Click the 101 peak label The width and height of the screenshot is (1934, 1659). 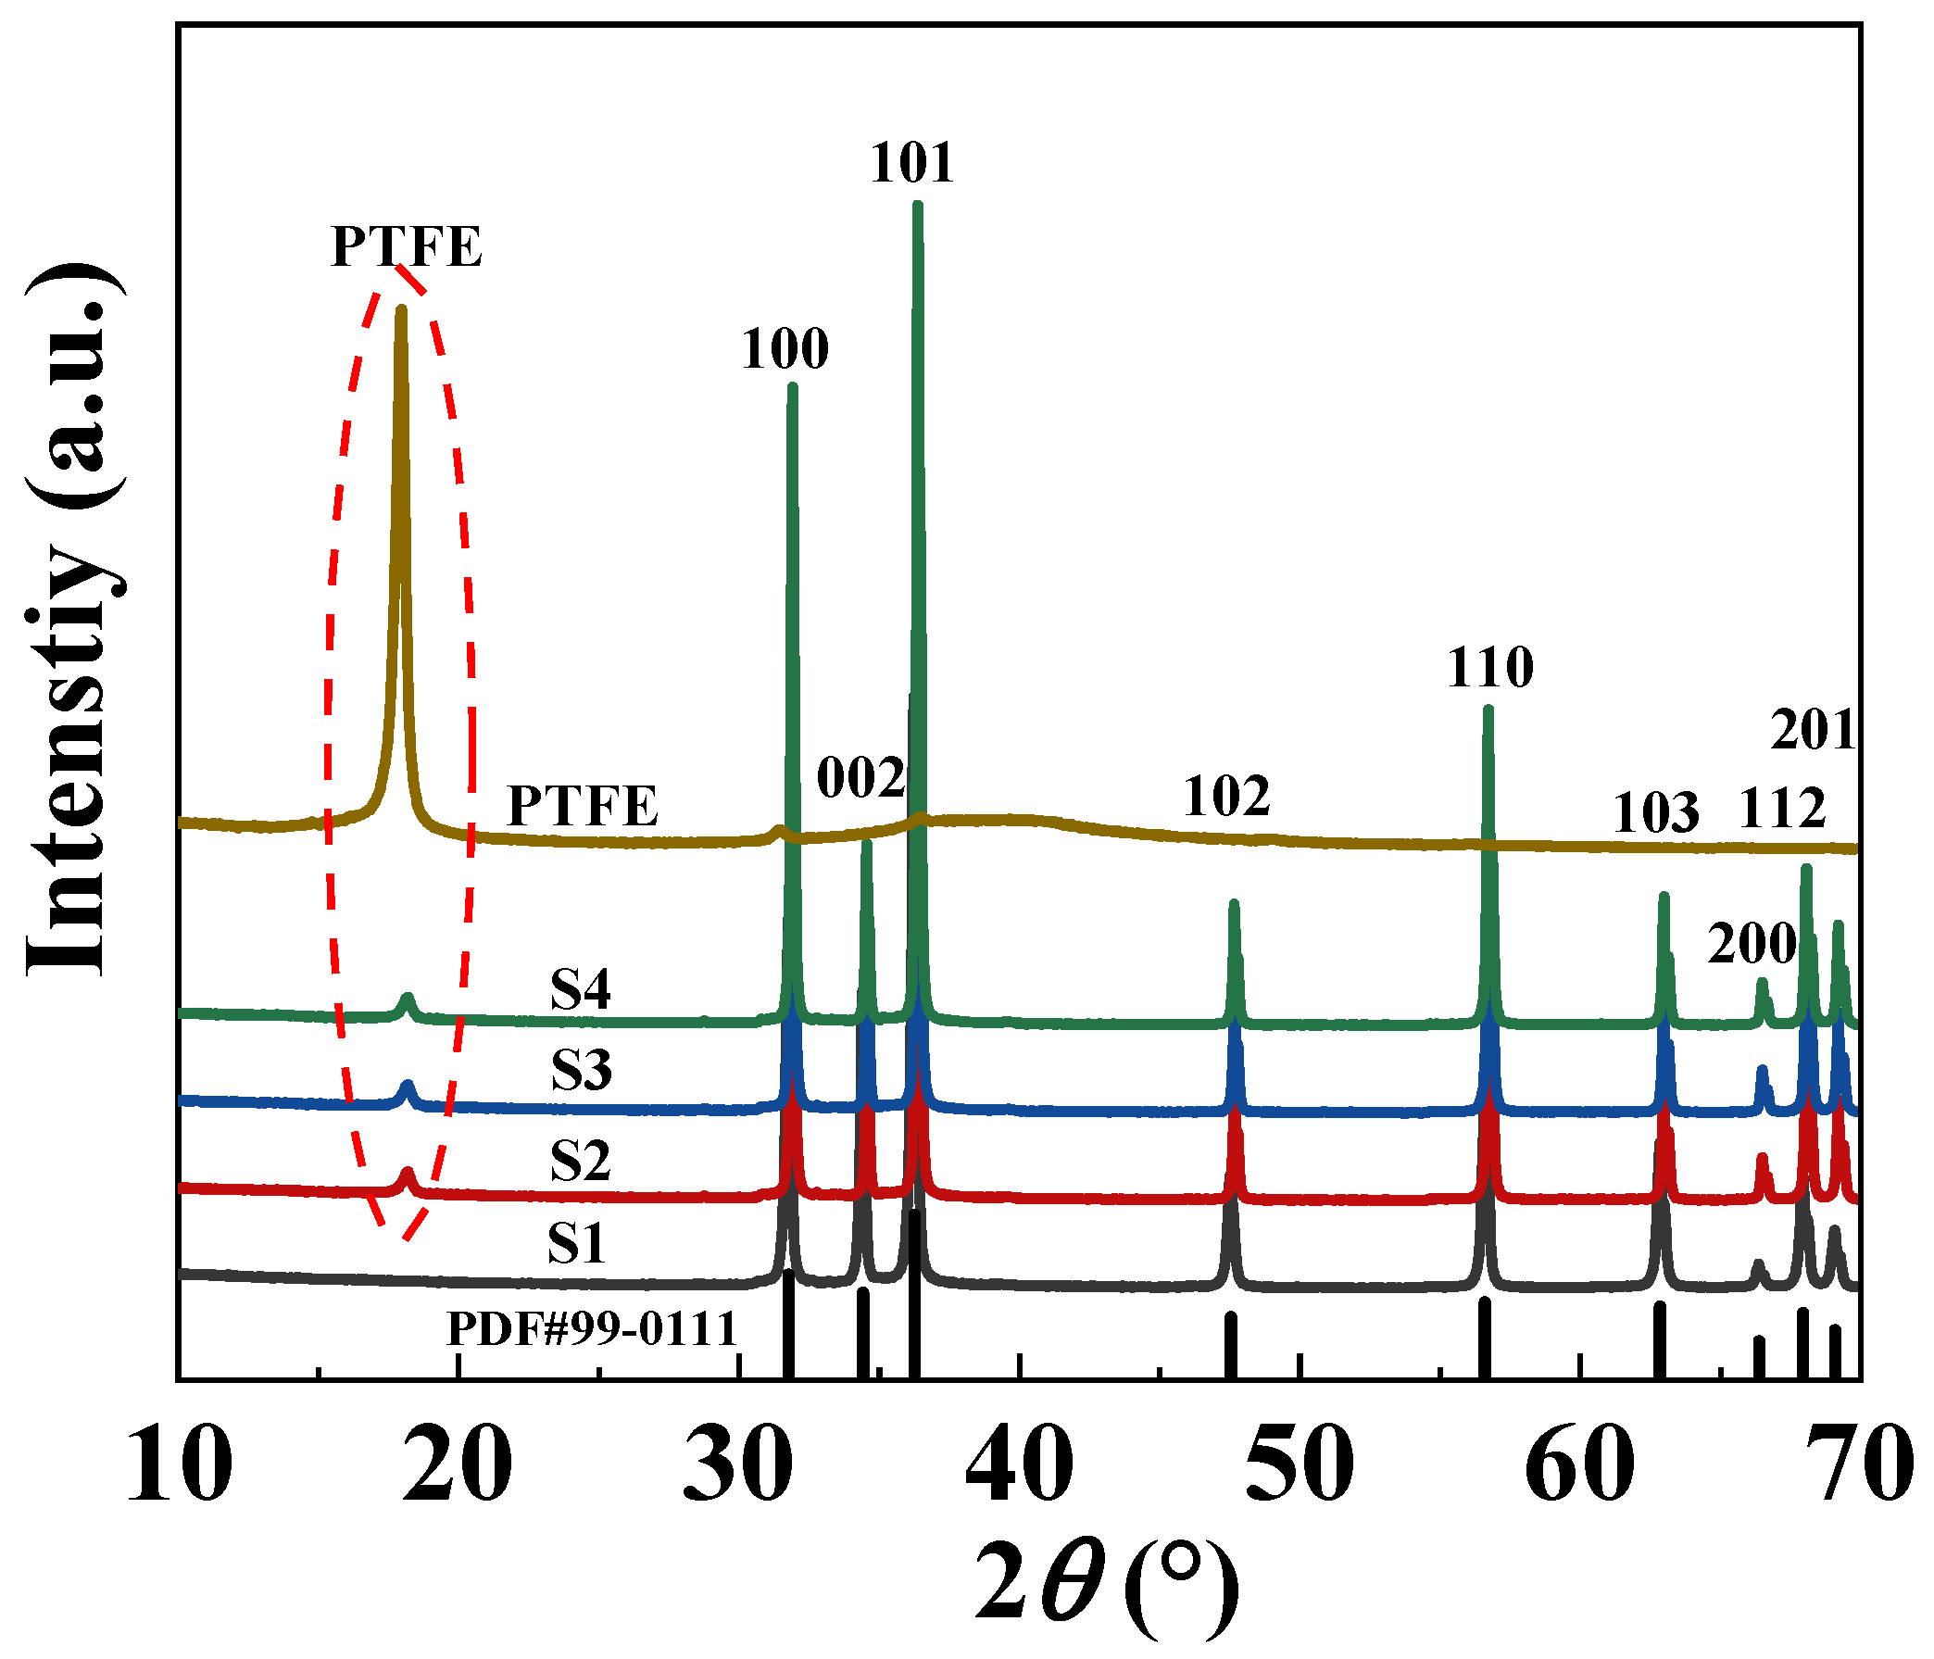click(x=912, y=163)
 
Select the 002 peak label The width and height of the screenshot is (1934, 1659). click(x=860, y=778)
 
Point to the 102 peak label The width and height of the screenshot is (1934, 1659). click(x=1226, y=797)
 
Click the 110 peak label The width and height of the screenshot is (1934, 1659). click(x=1489, y=668)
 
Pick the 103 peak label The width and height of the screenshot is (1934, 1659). click(x=1656, y=812)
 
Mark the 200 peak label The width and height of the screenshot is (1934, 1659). click(x=1752, y=944)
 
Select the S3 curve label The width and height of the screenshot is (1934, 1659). click(x=581, y=1070)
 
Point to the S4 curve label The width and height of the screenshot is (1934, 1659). click(x=580, y=989)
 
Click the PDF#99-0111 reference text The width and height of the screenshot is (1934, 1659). click(x=593, y=1328)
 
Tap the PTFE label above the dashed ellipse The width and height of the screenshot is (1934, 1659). click(x=406, y=247)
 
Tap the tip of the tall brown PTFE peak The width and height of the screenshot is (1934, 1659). click(x=401, y=309)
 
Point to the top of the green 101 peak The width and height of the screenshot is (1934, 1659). click(x=917, y=206)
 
